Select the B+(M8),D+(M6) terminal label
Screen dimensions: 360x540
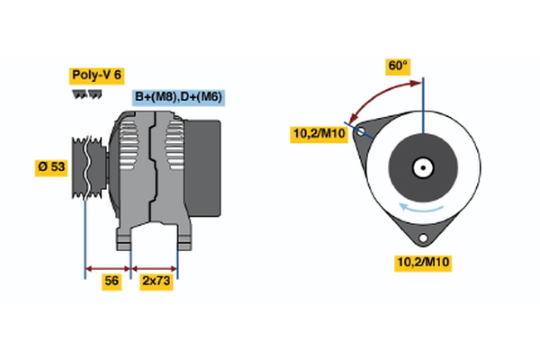(x=178, y=97)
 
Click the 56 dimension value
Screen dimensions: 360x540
(x=111, y=281)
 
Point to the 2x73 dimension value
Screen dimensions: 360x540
(x=155, y=281)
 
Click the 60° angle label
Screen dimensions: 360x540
(x=397, y=66)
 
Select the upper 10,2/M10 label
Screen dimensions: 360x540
(x=318, y=134)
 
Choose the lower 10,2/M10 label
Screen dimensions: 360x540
(x=422, y=263)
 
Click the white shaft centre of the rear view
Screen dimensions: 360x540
(x=421, y=166)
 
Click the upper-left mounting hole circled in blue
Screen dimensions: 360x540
(x=361, y=130)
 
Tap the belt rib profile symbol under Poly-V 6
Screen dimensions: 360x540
(x=86, y=94)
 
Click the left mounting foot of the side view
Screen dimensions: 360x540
(x=126, y=238)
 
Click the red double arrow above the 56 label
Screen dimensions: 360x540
(x=108, y=267)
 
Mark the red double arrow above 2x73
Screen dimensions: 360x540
(x=155, y=267)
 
